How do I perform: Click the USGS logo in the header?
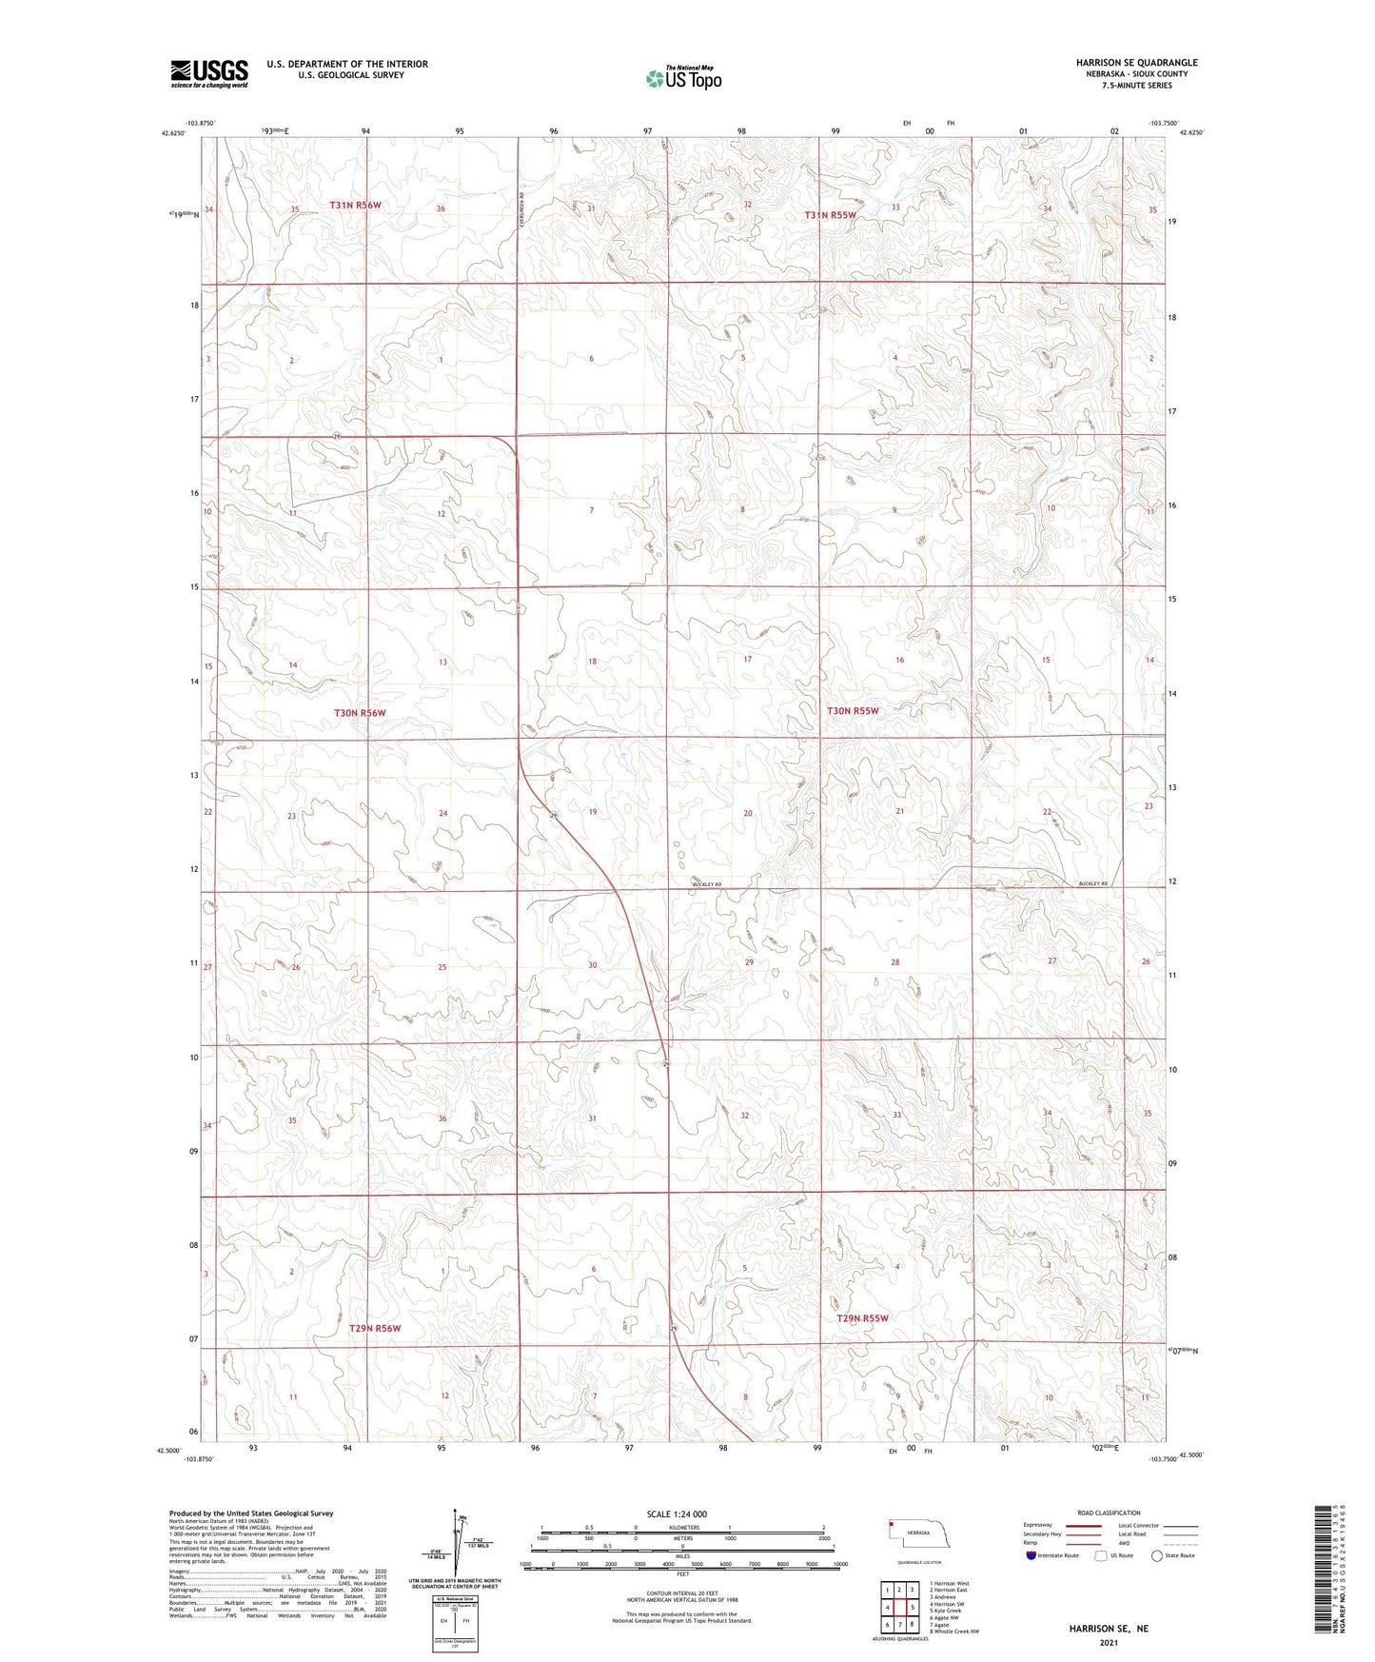209,73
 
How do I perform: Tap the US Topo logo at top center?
682,78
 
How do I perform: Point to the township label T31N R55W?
830,215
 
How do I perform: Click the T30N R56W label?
360,713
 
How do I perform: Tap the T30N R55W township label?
853,711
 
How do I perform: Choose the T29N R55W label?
862,1318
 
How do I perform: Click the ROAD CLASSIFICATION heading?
1110,1513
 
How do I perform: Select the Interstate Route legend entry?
1053,1556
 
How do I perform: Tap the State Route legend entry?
1172,1556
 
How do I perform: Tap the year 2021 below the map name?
1109,1643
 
